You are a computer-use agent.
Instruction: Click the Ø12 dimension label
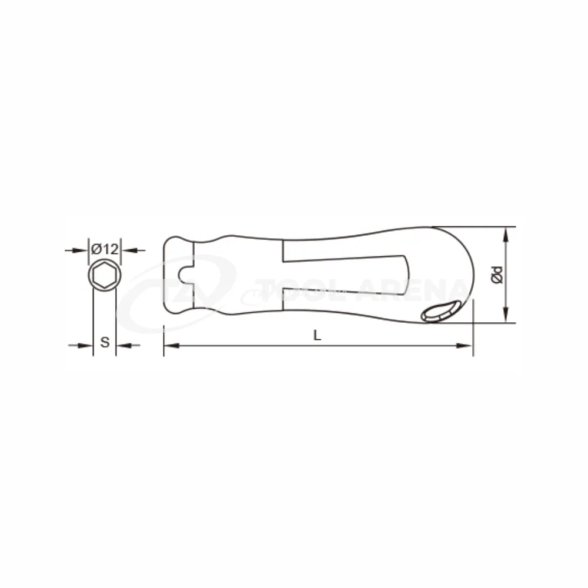pos(105,249)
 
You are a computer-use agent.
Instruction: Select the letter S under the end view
pos(105,342)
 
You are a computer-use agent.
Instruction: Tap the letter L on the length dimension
pos(318,335)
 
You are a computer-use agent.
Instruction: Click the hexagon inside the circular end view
pos(105,276)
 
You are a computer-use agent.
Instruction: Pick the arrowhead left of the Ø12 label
pos(80,250)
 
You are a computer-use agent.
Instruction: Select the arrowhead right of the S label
pos(124,345)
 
